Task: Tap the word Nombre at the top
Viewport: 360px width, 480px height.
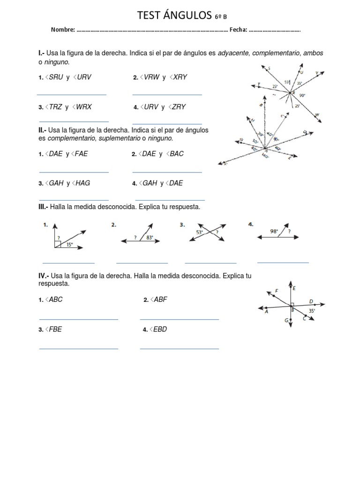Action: pos(63,30)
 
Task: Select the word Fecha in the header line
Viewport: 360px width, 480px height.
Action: pos(238,30)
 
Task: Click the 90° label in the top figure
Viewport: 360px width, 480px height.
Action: pos(302,95)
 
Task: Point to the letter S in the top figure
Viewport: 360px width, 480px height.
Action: pos(269,68)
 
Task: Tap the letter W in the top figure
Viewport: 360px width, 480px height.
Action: pos(318,115)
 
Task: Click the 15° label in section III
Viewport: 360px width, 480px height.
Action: pos(69,244)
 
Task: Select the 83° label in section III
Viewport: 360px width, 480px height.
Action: pos(150,237)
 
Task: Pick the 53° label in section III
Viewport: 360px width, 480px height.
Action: pos(200,232)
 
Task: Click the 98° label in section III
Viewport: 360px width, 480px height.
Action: pos(274,231)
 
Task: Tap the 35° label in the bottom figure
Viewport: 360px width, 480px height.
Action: pos(312,310)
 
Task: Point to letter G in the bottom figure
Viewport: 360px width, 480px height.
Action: pos(286,321)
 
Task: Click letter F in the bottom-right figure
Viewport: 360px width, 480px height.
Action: pos(277,291)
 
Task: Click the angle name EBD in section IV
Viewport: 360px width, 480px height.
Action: pos(160,329)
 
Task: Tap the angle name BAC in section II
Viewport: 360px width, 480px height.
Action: pos(177,154)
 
